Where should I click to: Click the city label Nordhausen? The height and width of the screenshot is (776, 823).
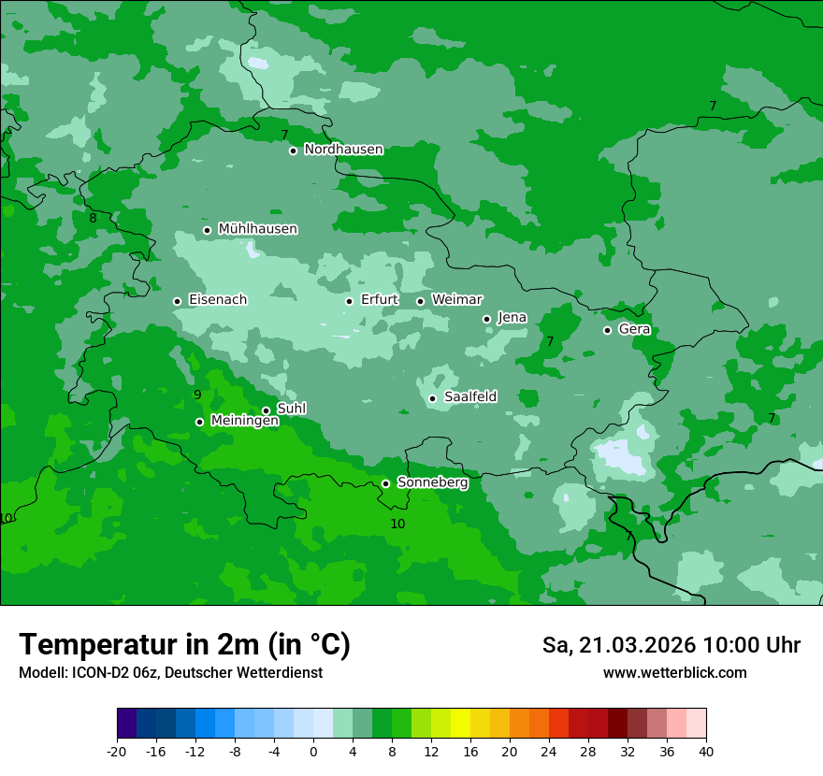(343, 150)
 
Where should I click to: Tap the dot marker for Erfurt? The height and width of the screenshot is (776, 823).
(349, 301)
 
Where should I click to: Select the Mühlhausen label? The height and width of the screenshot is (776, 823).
(257, 229)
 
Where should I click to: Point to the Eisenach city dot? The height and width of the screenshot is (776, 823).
(177, 301)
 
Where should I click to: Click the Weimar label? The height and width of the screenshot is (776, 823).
(456, 300)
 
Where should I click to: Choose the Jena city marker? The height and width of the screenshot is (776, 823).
(486, 319)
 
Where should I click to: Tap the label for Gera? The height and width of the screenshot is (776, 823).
(634, 329)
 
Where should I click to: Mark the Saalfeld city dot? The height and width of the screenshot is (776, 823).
(433, 398)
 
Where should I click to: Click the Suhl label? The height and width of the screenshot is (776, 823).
(291, 409)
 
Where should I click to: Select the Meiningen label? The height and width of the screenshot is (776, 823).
(244, 422)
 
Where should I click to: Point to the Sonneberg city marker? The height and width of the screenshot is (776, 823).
(385, 483)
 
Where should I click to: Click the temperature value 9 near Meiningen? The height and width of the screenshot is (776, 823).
(197, 395)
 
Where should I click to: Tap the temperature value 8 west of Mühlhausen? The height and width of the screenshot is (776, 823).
(93, 218)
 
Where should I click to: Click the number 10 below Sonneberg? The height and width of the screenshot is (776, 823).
(397, 524)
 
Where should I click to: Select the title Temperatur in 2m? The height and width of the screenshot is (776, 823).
(184, 645)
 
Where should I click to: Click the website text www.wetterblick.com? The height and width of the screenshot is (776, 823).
(674, 673)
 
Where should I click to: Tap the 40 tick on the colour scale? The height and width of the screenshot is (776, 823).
(705, 752)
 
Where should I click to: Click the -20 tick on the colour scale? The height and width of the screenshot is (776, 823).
(117, 752)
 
